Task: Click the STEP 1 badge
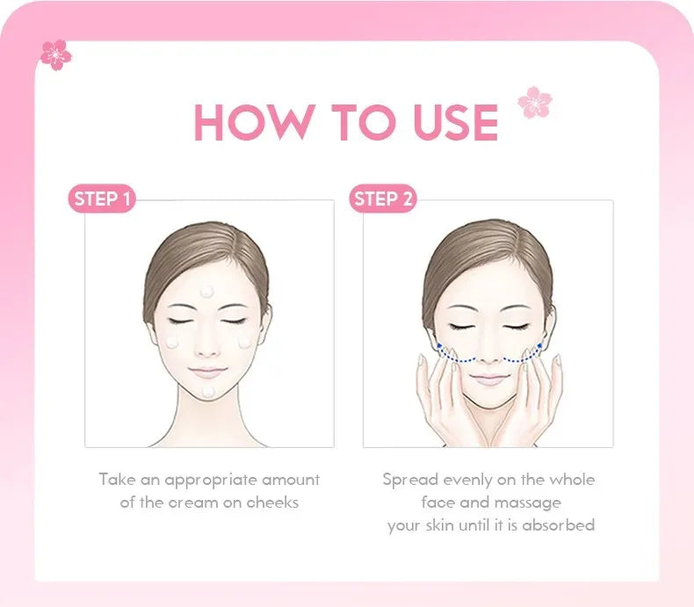(x=102, y=199)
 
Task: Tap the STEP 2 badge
(x=382, y=199)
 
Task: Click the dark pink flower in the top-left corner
(x=56, y=54)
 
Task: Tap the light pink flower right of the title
(x=534, y=102)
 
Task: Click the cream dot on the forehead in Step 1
(x=207, y=292)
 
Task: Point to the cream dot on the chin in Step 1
(x=208, y=391)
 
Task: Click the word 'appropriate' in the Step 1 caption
(x=210, y=481)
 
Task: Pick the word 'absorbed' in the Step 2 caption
(x=558, y=525)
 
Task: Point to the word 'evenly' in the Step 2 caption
(x=467, y=481)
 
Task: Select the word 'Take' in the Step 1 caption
(x=115, y=481)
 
